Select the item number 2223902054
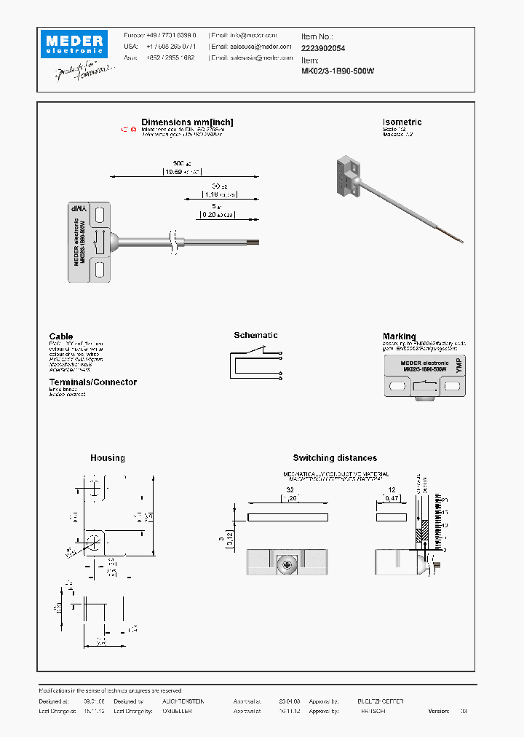[323, 47]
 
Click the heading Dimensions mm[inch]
[187, 122]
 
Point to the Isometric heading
[402, 122]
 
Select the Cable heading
[61, 336]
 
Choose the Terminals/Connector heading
[92, 382]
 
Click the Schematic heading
[255, 335]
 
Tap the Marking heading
[400, 336]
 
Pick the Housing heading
[107, 458]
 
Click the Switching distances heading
[335, 458]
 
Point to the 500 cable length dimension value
[178, 164]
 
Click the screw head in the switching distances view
[287, 563]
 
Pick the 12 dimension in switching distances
[391, 491]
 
